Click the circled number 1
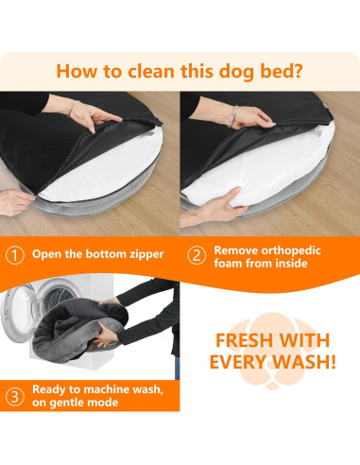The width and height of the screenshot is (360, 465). pyautogui.click(x=16, y=254)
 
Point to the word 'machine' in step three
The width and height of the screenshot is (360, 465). pyautogui.click(x=102, y=387)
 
